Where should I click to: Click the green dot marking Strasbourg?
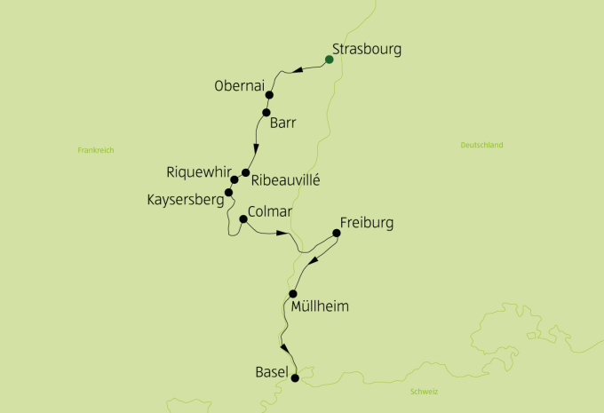pyautogui.click(x=329, y=60)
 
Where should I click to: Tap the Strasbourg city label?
pyautogui.click(x=366, y=50)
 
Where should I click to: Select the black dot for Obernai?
pyautogui.click(x=269, y=95)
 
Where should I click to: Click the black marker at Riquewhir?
pyautogui.click(x=234, y=179)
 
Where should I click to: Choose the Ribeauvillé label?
pyautogui.click(x=285, y=180)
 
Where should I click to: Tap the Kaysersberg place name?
pyautogui.click(x=185, y=201)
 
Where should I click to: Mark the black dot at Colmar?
pyautogui.click(x=242, y=218)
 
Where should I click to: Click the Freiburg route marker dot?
pyautogui.click(x=336, y=234)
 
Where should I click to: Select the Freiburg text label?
pyautogui.click(x=366, y=222)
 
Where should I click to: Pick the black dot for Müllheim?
pyautogui.click(x=292, y=294)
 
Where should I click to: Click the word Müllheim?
pyautogui.click(x=320, y=307)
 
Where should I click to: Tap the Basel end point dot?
pyautogui.click(x=295, y=377)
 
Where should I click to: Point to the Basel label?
pyautogui.click(x=271, y=373)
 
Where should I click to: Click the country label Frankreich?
pyautogui.click(x=96, y=150)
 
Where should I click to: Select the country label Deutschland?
pyautogui.click(x=482, y=145)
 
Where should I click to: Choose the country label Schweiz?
pyautogui.click(x=425, y=392)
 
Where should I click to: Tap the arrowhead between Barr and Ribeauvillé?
pyautogui.click(x=256, y=148)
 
